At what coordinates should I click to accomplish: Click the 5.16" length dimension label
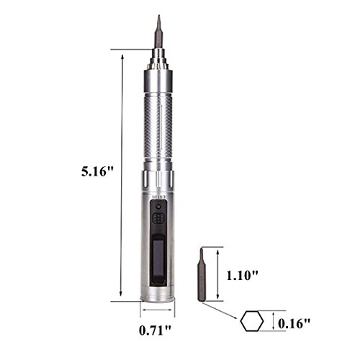(97, 172)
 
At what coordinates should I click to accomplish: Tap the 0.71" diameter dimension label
(155, 330)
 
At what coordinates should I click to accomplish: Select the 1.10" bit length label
(243, 275)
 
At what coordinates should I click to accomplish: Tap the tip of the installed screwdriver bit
(159, 15)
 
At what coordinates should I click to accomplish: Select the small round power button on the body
(158, 206)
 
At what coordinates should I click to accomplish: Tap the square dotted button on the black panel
(158, 218)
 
